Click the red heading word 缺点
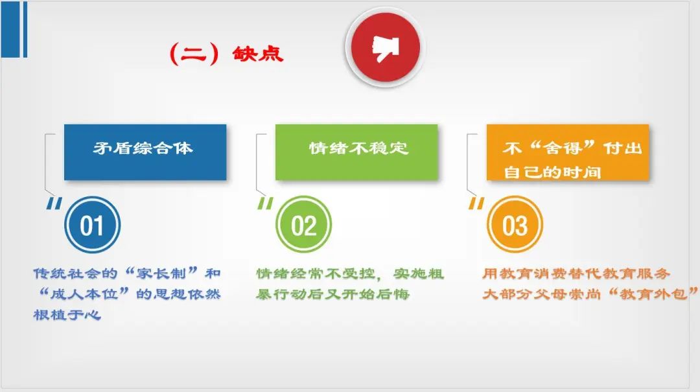pyautogui.click(x=257, y=54)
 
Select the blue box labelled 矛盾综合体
pyautogui.click(x=145, y=152)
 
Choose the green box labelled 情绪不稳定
pyautogui.click(x=356, y=152)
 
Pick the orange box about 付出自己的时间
pyautogui.click(x=567, y=152)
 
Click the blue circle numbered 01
pyautogui.click(x=93, y=225)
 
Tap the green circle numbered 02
pyautogui.click(x=303, y=225)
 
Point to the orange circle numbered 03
pyautogui.click(x=515, y=225)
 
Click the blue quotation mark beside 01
pyautogui.click(x=54, y=203)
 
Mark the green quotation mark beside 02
pyautogui.click(x=265, y=203)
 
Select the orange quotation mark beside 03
pyautogui.click(x=476, y=203)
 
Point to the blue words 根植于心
pyautogui.click(x=67, y=314)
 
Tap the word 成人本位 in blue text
pyautogui.click(x=84, y=294)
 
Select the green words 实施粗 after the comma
pyautogui.click(x=418, y=273)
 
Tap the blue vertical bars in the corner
pyautogui.click(x=14, y=29)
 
